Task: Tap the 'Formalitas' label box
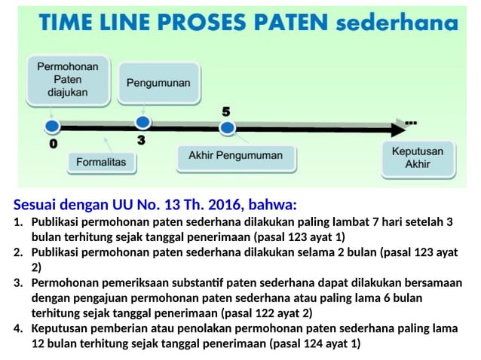tap(101, 161)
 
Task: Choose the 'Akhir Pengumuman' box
tap(235, 156)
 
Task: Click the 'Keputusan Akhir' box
tap(417, 157)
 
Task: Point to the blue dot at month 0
tap(51, 127)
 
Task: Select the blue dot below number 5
tap(226, 128)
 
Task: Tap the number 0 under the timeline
tap(52, 143)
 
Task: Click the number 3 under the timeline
tap(141, 140)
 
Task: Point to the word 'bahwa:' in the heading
tap(273, 205)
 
